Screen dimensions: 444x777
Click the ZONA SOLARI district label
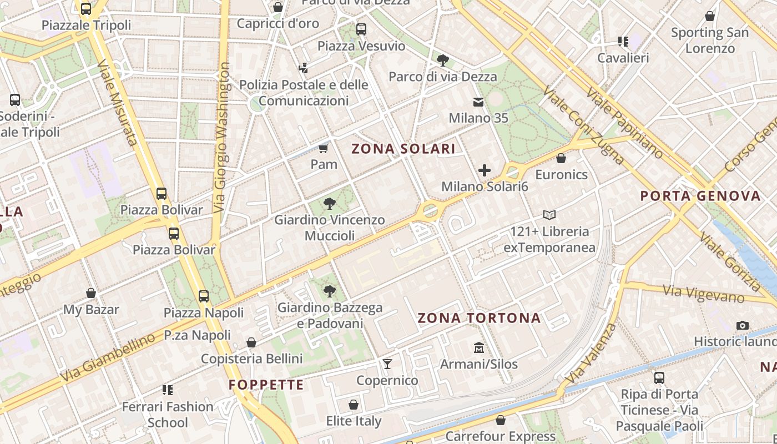[x=403, y=149]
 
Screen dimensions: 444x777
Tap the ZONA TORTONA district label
[x=479, y=318]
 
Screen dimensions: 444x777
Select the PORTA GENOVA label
[x=700, y=196]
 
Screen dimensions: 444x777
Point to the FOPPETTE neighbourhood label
[x=266, y=385]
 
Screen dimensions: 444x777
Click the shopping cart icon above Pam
[x=324, y=148]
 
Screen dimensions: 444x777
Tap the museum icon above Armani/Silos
[x=479, y=348]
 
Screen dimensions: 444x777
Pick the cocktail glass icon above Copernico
[x=387, y=364]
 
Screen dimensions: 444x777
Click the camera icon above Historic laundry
[x=742, y=325]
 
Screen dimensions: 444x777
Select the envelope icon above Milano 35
[x=478, y=102]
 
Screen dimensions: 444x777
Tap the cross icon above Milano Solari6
[x=485, y=170]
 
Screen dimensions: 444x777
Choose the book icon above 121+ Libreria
[x=549, y=215]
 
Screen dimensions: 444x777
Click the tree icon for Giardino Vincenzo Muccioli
[x=330, y=203]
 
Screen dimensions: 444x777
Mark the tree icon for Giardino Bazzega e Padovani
[x=330, y=291]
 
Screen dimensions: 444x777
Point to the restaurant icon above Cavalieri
[x=623, y=42]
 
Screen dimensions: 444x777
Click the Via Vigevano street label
[x=703, y=292]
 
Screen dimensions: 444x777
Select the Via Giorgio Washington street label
[x=222, y=137]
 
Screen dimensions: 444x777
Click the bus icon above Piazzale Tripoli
[x=86, y=9]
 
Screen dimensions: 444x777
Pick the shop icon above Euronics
[x=561, y=159]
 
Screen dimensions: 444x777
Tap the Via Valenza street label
[x=592, y=353]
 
